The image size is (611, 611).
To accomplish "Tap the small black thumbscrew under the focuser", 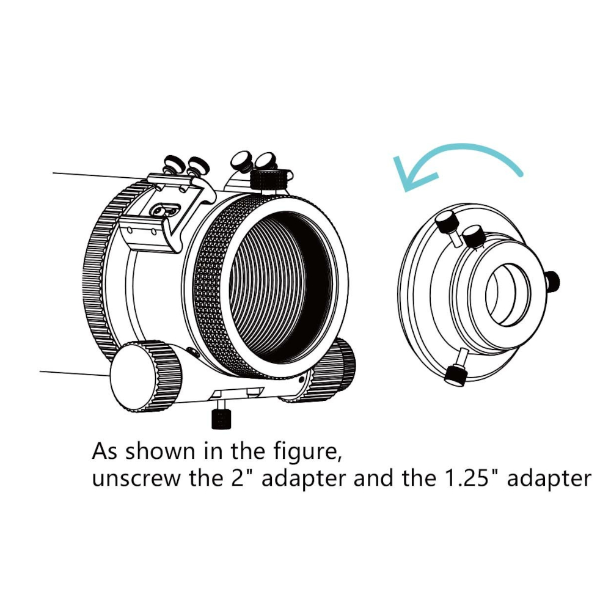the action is (x=221, y=419).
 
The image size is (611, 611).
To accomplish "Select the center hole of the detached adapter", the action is (x=508, y=295).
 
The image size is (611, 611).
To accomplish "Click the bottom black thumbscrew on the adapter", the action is (x=456, y=375).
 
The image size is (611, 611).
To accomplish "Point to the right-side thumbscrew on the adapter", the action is (x=553, y=281).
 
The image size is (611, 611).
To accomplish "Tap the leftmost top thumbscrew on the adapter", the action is (x=447, y=223).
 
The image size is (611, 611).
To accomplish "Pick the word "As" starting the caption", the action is (x=105, y=452).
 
